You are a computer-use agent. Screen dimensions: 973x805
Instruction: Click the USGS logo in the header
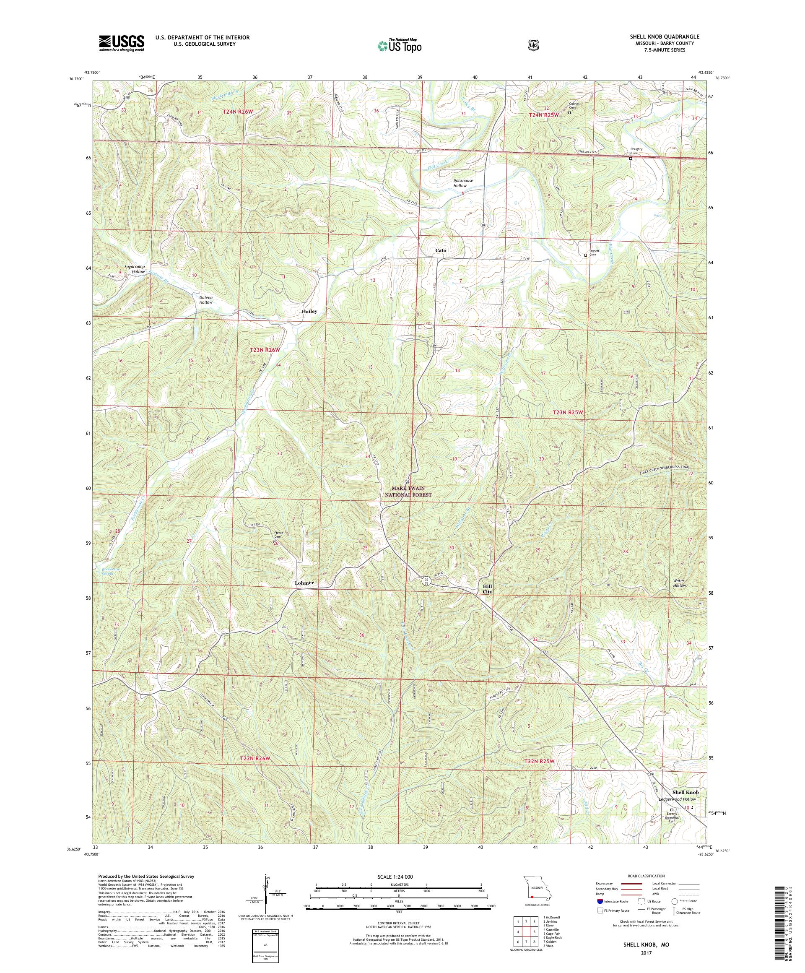121,43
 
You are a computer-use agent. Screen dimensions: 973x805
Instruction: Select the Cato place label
441,250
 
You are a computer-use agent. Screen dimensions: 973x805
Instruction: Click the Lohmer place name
304,583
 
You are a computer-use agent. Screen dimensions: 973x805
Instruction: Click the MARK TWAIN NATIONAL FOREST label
408,492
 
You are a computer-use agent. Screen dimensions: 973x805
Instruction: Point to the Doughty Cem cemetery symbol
631,158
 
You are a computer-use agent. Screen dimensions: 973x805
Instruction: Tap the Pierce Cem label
279,534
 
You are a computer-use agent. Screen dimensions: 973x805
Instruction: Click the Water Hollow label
680,583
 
